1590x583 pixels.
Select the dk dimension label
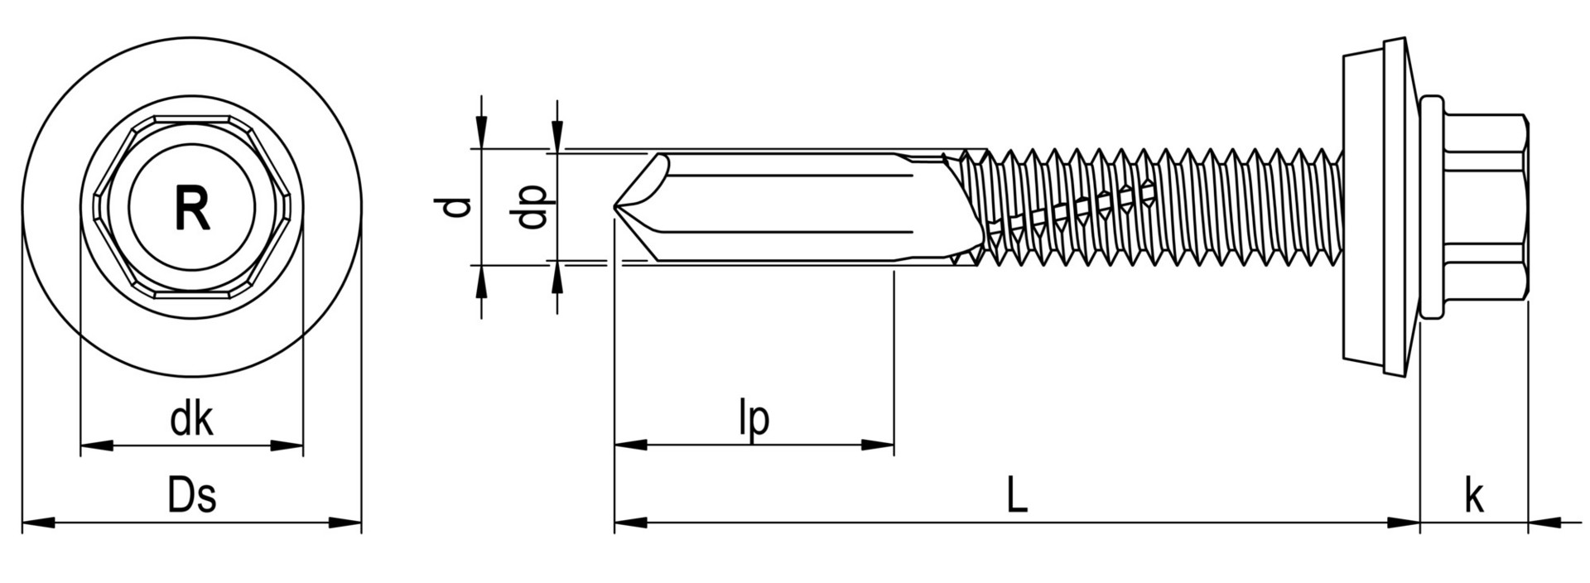[191, 420]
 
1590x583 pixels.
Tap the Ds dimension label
[192, 496]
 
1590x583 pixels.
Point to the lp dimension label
[754, 419]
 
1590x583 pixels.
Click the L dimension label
[1017, 496]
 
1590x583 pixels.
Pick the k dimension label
[1474, 497]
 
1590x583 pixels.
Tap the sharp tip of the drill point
[615, 207]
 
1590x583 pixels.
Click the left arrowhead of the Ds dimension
[37, 523]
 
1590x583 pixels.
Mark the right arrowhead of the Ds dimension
[346, 523]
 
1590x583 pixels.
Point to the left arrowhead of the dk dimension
[96, 446]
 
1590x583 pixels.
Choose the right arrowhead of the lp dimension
[878, 445]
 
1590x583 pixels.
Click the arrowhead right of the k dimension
[1544, 523]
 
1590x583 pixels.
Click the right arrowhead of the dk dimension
[287, 446]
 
